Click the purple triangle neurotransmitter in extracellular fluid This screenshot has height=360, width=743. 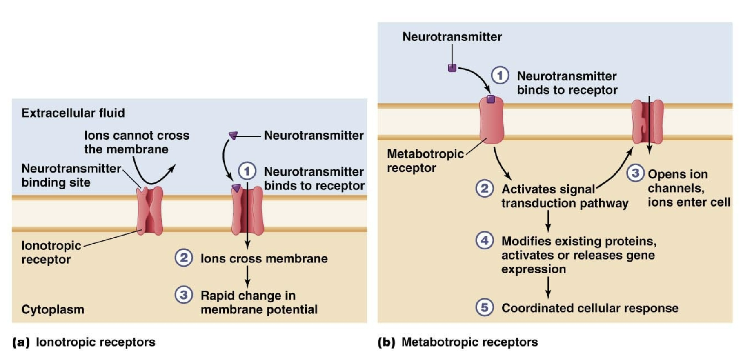tap(233, 135)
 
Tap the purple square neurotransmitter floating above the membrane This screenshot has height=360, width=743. tap(452, 68)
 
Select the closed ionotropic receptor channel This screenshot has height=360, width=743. tap(150, 211)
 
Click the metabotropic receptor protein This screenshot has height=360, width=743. tap(491, 121)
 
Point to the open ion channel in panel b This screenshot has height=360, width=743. tap(647, 122)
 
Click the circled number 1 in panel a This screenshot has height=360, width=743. tap(247, 171)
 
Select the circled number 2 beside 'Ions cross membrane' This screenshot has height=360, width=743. tap(184, 258)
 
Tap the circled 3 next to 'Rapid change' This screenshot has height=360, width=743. tap(184, 295)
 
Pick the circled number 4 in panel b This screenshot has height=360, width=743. tap(485, 240)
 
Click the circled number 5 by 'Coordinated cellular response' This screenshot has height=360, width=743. tap(485, 307)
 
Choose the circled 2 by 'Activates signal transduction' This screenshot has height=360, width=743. tap(485, 189)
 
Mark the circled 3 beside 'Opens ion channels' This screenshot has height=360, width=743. tap(635, 173)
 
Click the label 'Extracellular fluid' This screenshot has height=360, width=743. tap(73, 113)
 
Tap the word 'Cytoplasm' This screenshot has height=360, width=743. tap(53, 309)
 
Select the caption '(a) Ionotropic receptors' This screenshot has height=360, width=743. tap(84, 342)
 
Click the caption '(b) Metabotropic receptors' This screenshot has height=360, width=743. tap(458, 342)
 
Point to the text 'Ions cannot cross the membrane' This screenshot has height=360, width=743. tap(136, 142)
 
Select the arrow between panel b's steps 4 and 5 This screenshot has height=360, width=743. tap(548, 287)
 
